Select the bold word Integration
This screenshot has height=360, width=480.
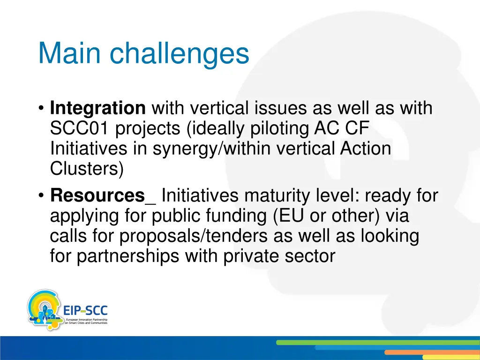click(98, 109)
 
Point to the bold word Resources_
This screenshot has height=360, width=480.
click(103, 195)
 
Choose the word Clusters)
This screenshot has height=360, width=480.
click(87, 169)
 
